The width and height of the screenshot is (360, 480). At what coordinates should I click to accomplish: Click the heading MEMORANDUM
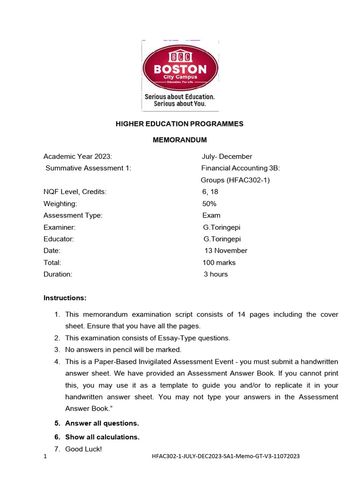click(x=180, y=140)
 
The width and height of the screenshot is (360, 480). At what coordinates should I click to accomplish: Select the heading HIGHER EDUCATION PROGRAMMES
click(x=180, y=124)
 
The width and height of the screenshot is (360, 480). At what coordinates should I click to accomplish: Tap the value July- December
click(x=227, y=157)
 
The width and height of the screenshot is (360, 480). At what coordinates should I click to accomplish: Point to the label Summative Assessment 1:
click(x=88, y=168)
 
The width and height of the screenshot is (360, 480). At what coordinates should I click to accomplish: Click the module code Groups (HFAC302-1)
click(x=235, y=180)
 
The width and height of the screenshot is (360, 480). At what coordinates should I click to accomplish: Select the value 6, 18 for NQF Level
click(x=210, y=192)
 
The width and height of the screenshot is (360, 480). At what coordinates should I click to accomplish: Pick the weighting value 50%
click(x=210, y=204)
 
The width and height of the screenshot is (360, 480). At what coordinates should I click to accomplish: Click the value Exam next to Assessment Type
click(x=211, y=216)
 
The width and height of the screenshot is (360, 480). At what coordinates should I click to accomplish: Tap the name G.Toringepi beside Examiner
click(x=222, y=227)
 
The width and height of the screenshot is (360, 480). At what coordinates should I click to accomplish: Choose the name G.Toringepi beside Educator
click(x=222, y=239)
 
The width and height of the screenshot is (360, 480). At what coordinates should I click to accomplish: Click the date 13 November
click(x=226, y=251)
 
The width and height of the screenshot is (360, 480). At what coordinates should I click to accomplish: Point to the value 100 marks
click(x=219, y=262)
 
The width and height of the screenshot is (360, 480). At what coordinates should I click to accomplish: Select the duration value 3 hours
click(x=216, y=274)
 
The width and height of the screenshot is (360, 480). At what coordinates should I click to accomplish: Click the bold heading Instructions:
click(x=65, y=298)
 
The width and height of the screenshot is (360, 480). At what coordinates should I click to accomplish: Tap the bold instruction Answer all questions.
click(x=102, y=423)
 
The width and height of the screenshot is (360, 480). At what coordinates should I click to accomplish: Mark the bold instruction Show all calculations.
click(x=102, y=437)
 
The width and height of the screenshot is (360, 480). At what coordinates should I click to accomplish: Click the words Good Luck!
click(x=83, y=449)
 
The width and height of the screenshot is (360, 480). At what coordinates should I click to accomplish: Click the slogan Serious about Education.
click(x=180, y=97)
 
